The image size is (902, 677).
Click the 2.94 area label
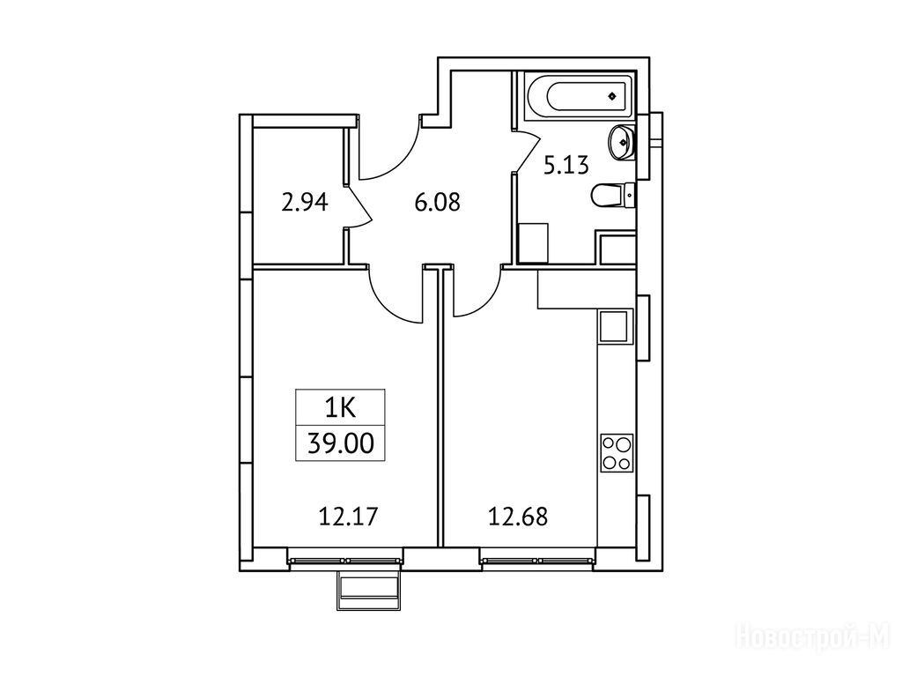click(304, 203)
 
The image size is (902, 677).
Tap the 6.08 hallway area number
click(438, 203)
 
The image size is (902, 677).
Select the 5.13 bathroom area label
click(566, 166)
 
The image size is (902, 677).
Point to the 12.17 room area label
click(348, 517)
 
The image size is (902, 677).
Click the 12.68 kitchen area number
click(518, 517)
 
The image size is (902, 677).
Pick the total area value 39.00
click(341, 444)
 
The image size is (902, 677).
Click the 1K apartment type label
click(341, 408)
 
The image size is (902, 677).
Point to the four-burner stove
click(616, 452)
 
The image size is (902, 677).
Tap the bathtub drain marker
click(614, 95)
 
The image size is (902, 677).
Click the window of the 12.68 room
click(538, 559)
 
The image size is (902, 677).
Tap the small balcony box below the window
click(367, 590)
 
